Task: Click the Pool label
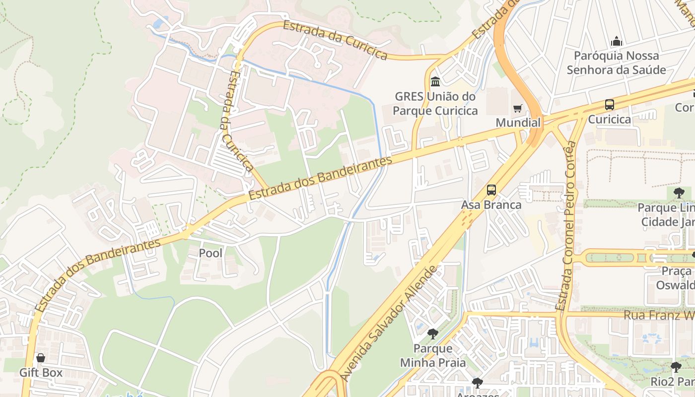click(210, 253)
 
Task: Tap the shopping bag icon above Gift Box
click(41, 358)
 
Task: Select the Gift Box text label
click(41, 372)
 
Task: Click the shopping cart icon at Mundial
click(518, 108)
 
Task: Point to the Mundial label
click(518, 123)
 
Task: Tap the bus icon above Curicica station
click(609, 105)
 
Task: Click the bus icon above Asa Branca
click(491, 190)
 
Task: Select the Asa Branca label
click(491, 204)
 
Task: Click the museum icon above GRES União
click(435, 81)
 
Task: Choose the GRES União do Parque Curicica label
click(435, 103)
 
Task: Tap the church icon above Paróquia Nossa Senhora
click(616, 41)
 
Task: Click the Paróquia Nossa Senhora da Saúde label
click(616, 63)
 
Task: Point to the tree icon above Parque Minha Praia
click(433, 333)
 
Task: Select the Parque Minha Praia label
click(433, 355)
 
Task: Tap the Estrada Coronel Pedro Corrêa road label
click(567, 226)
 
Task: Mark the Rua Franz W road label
click(658, 315)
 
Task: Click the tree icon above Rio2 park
click(676, 367)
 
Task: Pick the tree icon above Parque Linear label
click(679, 193)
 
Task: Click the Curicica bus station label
click(609, 119)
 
